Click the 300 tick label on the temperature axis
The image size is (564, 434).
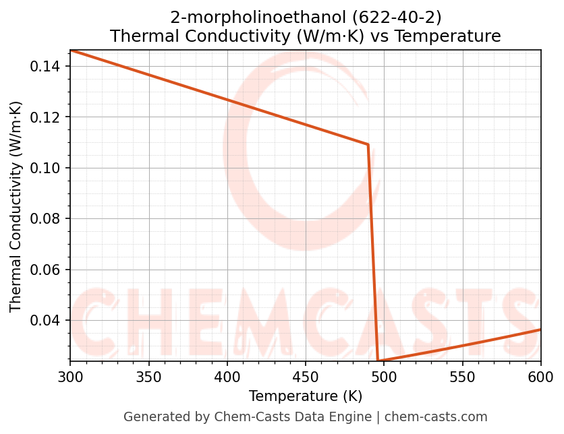click(70, 377)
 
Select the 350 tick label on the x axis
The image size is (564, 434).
click(148, 377)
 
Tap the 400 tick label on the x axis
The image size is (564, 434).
click(227, 377)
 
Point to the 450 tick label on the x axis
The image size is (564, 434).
click(305, 377)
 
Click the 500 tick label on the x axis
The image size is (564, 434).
click(384, 377)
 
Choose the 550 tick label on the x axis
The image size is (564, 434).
click(462, 377)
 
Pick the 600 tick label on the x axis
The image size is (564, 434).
click(540, 377)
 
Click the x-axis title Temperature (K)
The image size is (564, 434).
click(305, 396)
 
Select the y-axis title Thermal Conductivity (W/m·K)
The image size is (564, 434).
click(16, 206)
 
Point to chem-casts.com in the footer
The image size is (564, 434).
click(436, 417)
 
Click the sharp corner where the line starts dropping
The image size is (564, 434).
click(368, 144)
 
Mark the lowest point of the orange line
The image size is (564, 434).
click(378, 361)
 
